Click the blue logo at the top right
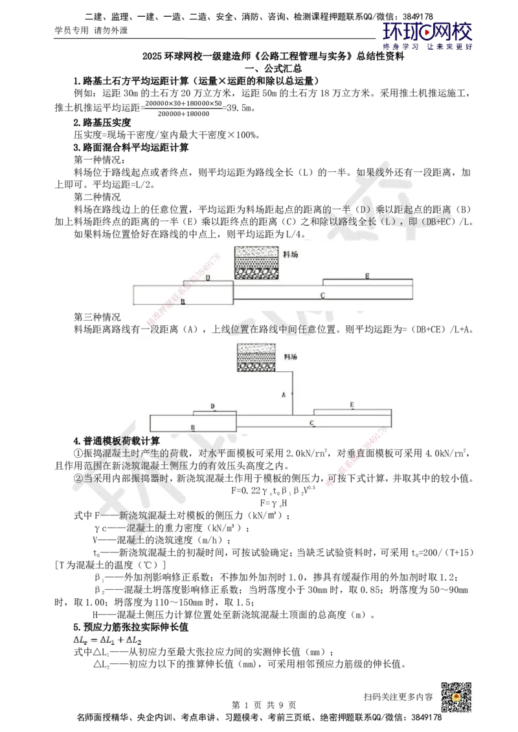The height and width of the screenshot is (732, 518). [427, 36]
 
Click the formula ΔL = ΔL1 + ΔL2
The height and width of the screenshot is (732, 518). [108, 640]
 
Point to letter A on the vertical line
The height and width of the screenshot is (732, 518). [283, 394]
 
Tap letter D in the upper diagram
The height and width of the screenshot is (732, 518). [208, 278]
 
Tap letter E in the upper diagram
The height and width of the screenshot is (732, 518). [366, 276]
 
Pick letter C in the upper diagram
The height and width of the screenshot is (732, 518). [322, 296]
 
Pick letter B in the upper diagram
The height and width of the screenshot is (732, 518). [183, 301]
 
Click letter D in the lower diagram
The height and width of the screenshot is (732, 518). [213, 406]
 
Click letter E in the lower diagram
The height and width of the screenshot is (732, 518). [352, 405]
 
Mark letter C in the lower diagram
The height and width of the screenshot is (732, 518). [311, 424]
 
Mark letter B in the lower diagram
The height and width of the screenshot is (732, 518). [192, 427]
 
